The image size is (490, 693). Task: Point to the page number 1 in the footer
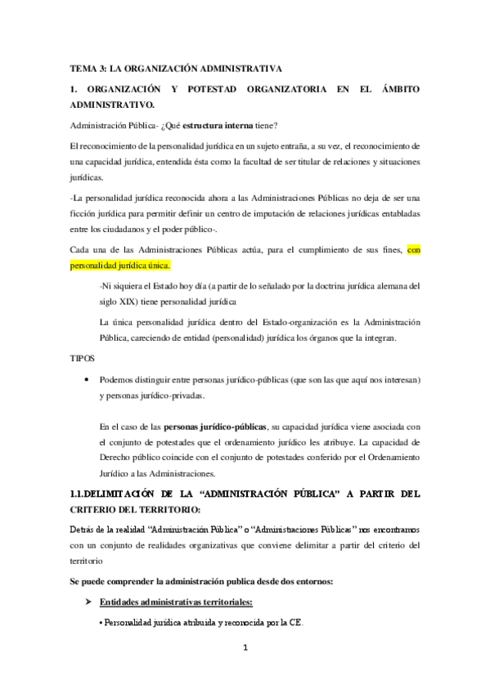pyautogui.click(x=245, y=651)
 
